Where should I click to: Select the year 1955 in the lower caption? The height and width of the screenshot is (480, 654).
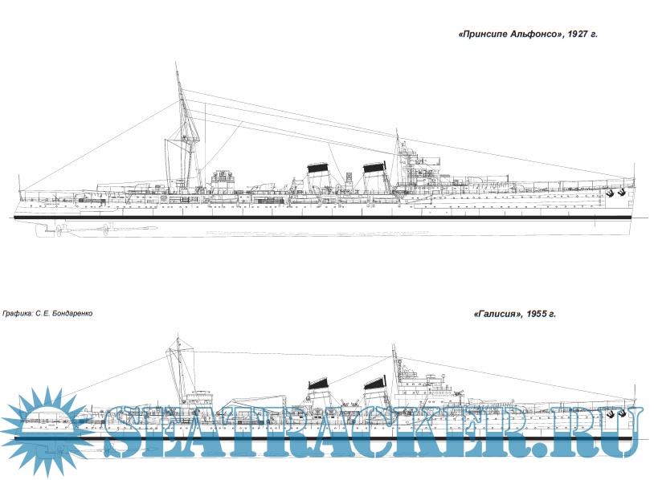(538, 314)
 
